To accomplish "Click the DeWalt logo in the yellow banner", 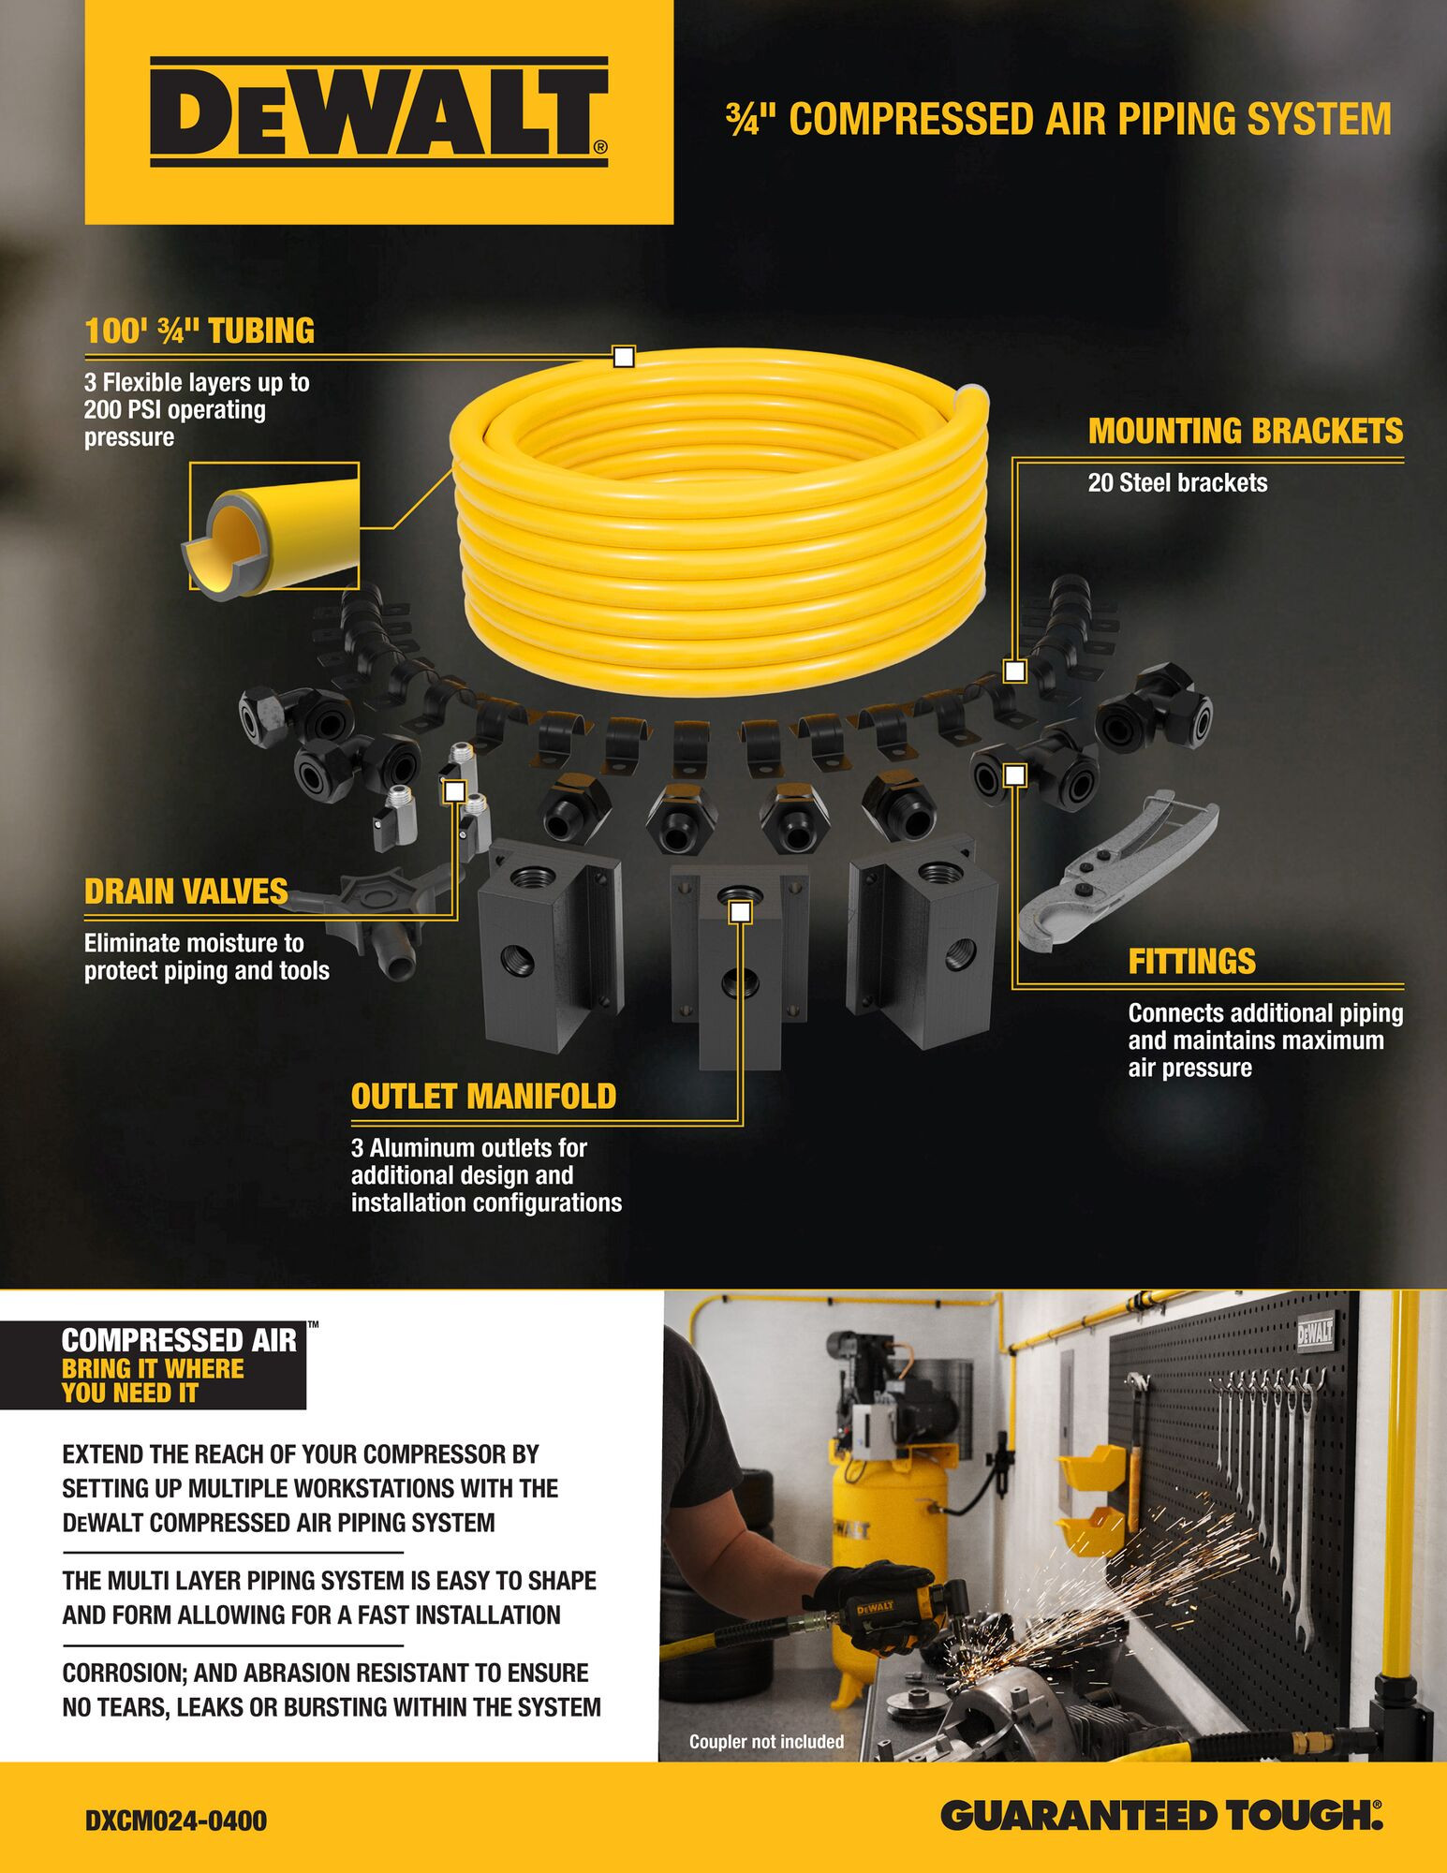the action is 378,112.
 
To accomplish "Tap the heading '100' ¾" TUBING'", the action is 199,332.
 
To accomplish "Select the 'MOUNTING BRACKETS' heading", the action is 1246,431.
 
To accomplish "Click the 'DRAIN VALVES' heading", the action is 185,892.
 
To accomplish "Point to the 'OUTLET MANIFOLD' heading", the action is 483,1097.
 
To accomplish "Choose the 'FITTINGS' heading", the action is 1191,962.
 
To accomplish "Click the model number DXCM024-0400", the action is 176,1821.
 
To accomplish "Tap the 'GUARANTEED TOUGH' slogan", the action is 1161,1816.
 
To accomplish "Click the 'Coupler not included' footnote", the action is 766,1741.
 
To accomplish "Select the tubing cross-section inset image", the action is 273,526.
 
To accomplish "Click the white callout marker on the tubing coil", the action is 624,357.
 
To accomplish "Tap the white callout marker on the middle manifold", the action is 740,911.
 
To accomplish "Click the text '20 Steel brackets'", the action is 1177,483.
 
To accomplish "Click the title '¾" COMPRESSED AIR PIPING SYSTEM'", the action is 1058,120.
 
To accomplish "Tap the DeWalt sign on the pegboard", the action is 1315,1334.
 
